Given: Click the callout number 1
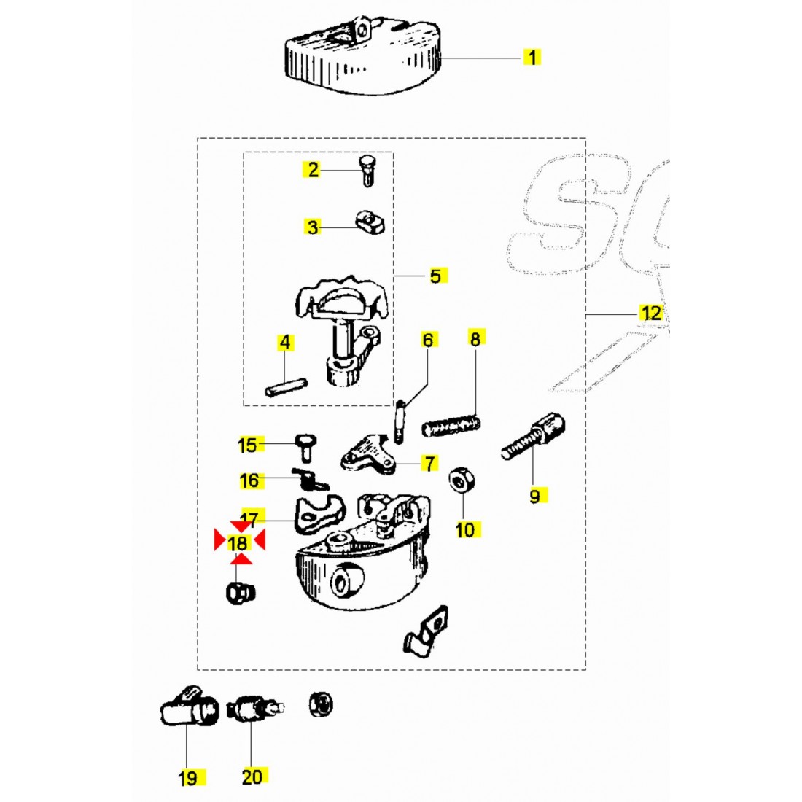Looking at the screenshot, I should tap(532, 57).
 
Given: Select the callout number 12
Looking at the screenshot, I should tap(650, 314).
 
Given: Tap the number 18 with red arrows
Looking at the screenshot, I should tap(238, 542).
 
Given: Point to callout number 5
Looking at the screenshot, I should tap(435, 276).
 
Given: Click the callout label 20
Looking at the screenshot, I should tap(252, 776).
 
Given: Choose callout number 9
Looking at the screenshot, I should tap(534, 496).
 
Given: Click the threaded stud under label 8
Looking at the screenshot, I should tap(452, 424).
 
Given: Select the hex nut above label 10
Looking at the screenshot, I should tap(460, 480).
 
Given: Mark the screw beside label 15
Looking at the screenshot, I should tap(304, 444).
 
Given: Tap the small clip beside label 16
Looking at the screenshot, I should tap(310, 479).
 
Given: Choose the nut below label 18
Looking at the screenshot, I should tap(239, 592).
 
